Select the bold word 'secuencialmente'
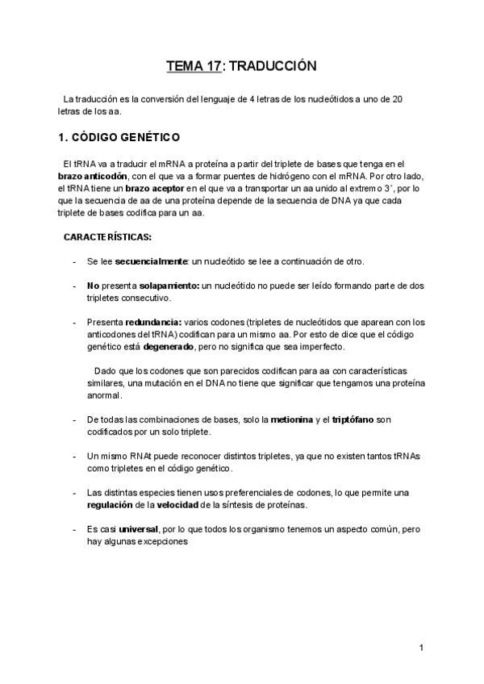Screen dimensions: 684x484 pos(152,261)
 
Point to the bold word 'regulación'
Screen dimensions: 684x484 pos(111,506)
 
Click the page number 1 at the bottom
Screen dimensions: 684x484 pos(422,648)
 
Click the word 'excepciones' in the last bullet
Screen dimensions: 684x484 pos(162,542)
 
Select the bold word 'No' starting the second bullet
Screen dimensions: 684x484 pos(92,286)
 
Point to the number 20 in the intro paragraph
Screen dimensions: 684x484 pos(397,99)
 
